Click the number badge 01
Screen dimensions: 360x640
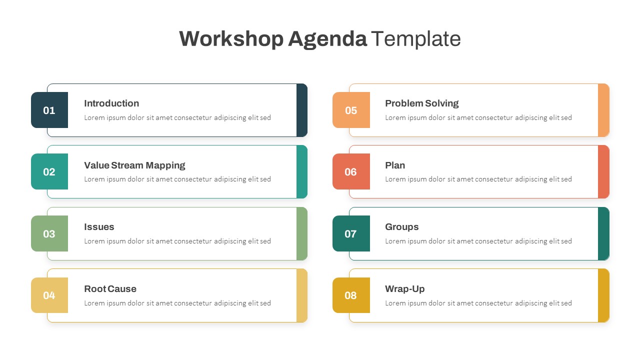49,110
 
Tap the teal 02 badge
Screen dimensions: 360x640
49,172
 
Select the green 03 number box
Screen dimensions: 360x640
49,233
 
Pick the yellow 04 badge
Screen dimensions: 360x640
49,295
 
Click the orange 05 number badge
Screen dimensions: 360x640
351,110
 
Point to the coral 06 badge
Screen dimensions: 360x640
351,172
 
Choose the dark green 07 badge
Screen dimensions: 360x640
351,233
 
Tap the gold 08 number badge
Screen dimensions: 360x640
351,295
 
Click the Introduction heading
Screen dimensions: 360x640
111,103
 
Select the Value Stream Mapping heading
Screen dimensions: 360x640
134,165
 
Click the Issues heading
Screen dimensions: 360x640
99,227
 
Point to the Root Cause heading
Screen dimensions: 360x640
110,289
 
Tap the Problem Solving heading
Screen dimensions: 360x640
421,103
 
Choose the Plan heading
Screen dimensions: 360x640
395,165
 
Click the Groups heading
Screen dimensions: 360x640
401,227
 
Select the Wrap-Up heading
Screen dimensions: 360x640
404,289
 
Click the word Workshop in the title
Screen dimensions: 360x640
231,39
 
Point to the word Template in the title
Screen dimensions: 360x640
415,39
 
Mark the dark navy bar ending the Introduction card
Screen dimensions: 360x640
302,110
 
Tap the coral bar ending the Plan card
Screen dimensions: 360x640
603,172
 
